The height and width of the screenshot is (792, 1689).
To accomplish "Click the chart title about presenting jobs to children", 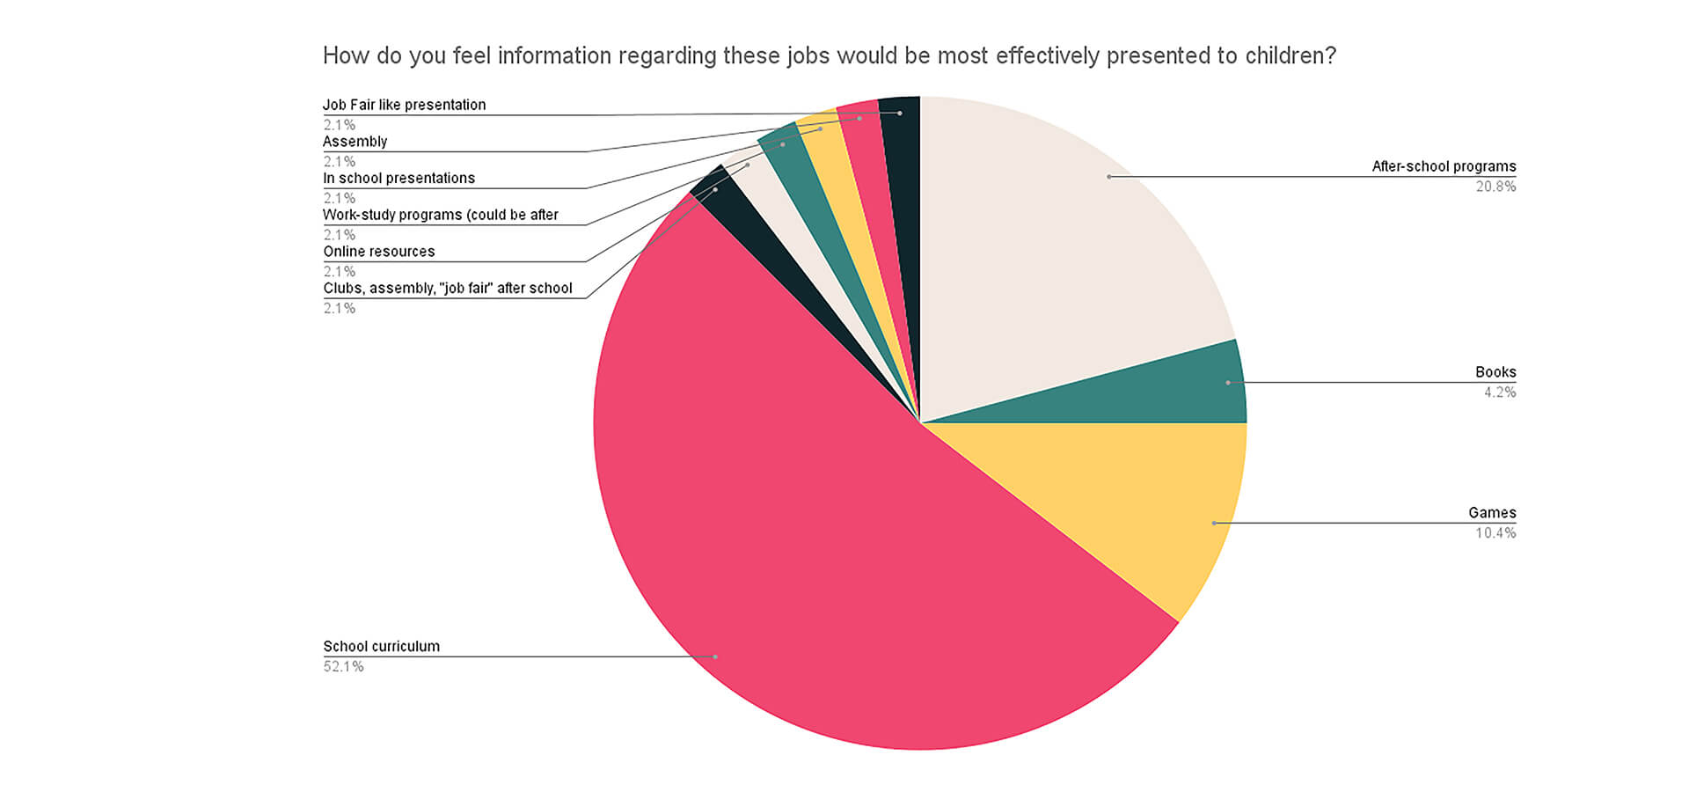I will [829, 55].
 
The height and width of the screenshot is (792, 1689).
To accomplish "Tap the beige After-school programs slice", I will [1056, 246].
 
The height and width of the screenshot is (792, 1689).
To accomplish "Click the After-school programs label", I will [1444, 166].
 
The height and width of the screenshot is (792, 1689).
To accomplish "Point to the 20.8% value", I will [1495, 187].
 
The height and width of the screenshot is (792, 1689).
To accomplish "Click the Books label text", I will [1495, 372].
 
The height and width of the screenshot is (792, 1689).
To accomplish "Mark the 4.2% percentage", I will [1500, 392].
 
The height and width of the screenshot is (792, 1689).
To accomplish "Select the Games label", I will [1492, 513].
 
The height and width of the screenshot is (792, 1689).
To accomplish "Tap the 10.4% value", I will [1495, 533].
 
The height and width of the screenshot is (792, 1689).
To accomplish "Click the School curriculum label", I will [381, 646].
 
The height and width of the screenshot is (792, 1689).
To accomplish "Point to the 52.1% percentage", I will [343, 666].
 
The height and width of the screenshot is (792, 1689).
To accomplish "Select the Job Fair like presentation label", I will [404, 105].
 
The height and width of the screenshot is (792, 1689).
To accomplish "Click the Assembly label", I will [355, 142].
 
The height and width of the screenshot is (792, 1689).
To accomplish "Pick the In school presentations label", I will [398, 178].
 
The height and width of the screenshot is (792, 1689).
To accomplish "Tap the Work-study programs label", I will [440, 215].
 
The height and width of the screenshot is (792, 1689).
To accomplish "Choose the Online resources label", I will [378, 252].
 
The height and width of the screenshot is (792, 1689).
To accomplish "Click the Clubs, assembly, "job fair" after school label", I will [447, 288].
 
